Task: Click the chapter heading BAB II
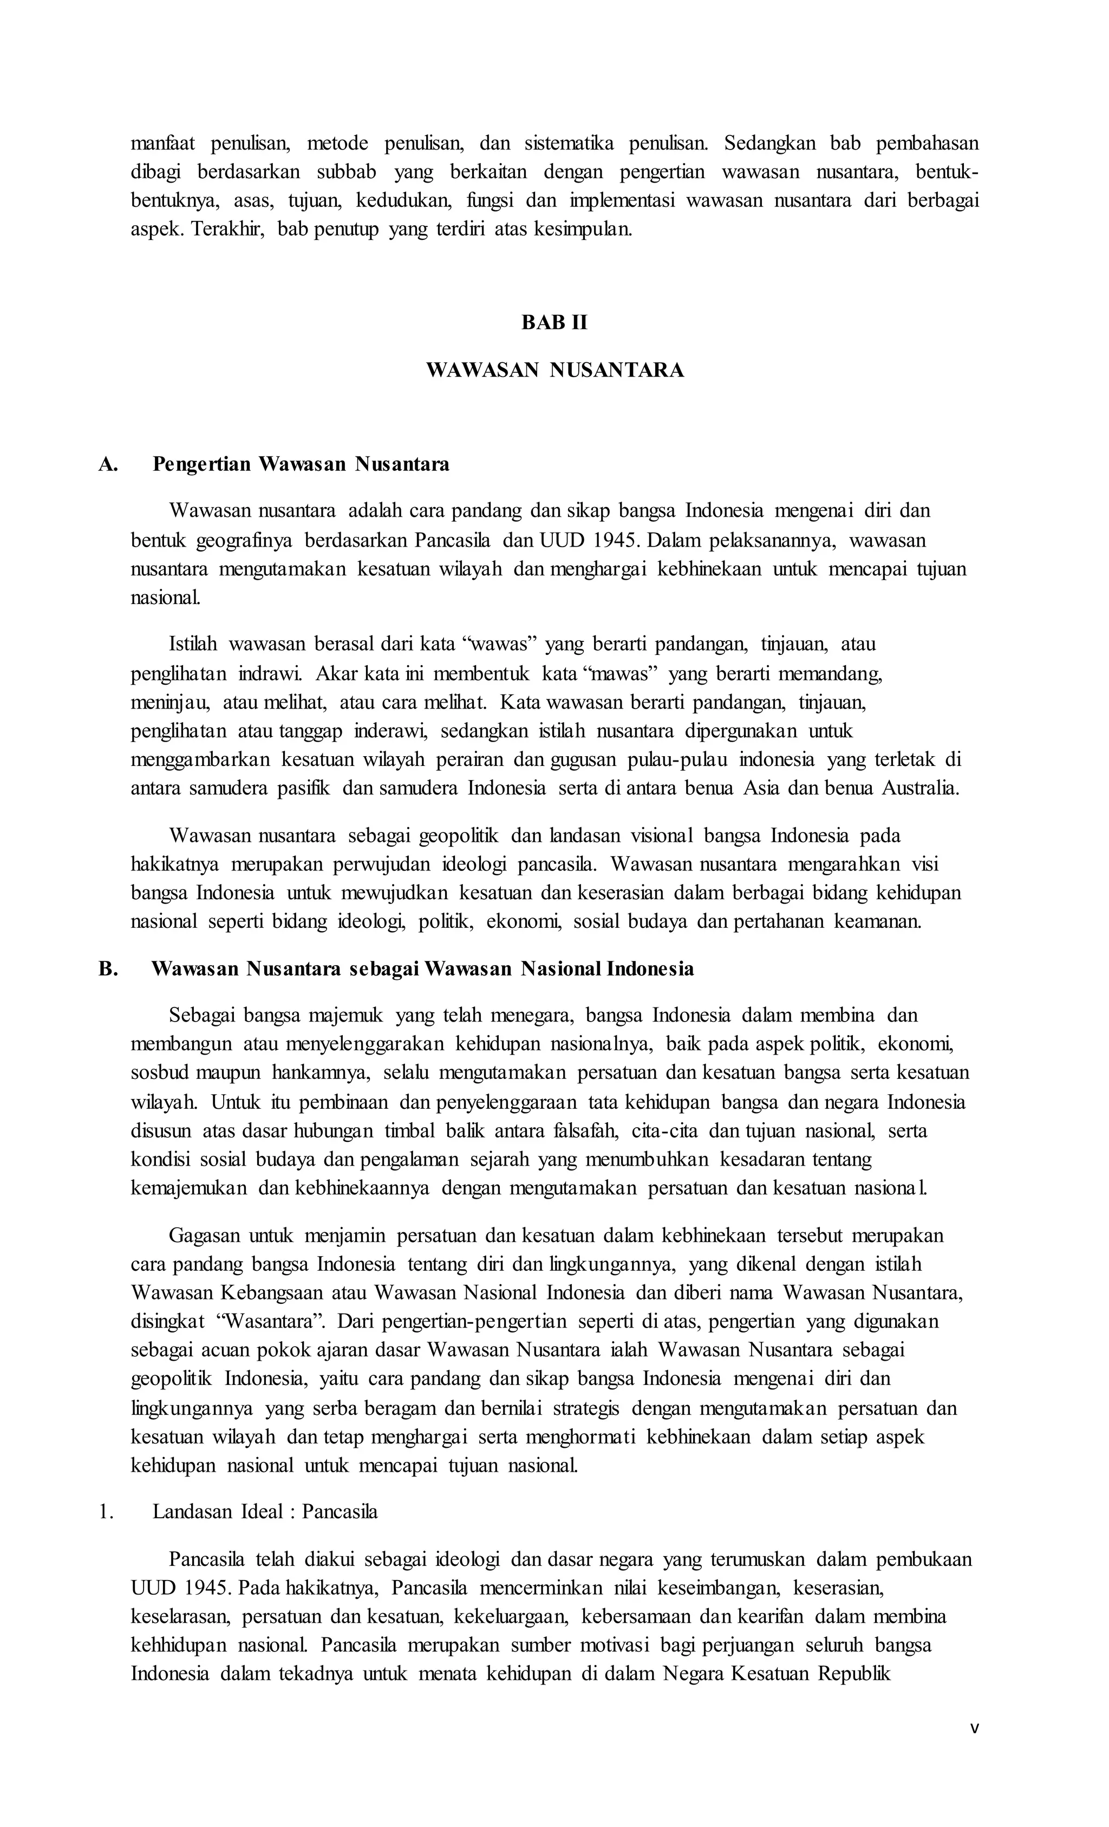554,322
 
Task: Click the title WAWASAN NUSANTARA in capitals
554,370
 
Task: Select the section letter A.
108,464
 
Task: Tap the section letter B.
108,969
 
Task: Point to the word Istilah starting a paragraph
193,643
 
